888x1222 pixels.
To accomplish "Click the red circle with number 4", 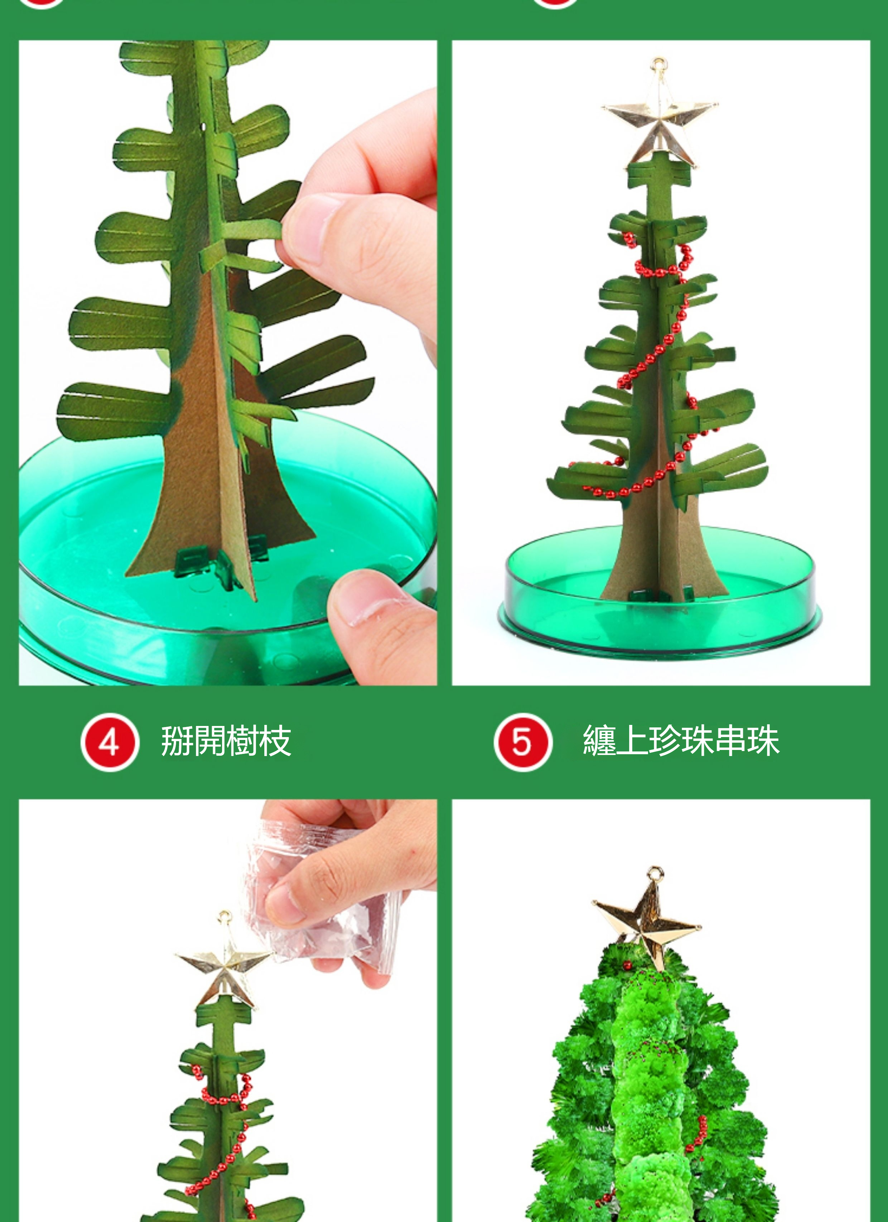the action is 110,742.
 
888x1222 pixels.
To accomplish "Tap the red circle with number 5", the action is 523,742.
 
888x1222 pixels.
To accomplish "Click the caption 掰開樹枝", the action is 226,741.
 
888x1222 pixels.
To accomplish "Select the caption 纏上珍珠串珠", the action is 681,741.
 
